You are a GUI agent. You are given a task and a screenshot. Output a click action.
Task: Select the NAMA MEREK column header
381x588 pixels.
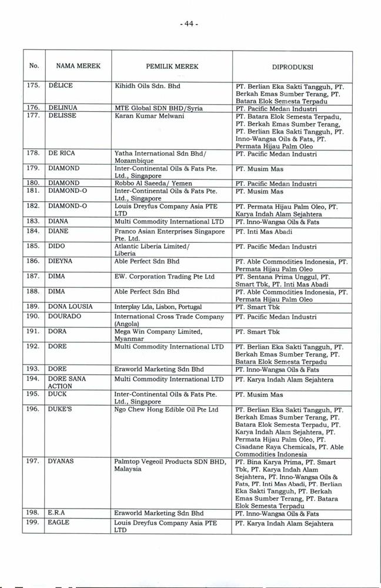click(x=75, y=66)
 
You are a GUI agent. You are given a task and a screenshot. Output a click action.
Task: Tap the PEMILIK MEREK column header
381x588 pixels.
click(x=172, y=66)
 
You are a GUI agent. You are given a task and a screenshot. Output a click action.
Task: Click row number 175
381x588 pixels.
click(x=34, y=86)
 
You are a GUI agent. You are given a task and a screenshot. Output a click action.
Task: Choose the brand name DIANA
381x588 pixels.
click(x=59, y=221)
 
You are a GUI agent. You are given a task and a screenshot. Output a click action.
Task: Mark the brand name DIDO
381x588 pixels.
click(x=56, y=246)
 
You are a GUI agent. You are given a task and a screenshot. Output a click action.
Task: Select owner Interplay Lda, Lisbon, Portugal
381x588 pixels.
click(x=158, y=307)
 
